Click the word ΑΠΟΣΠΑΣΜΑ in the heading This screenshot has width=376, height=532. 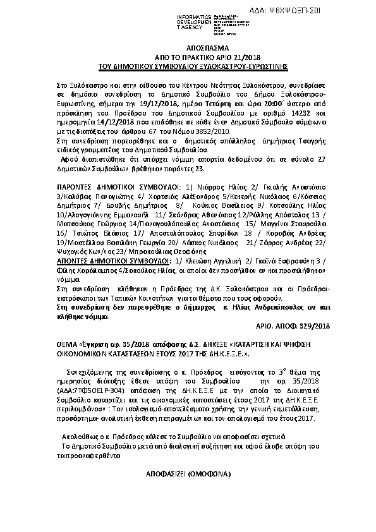click(x=188, y=47)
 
